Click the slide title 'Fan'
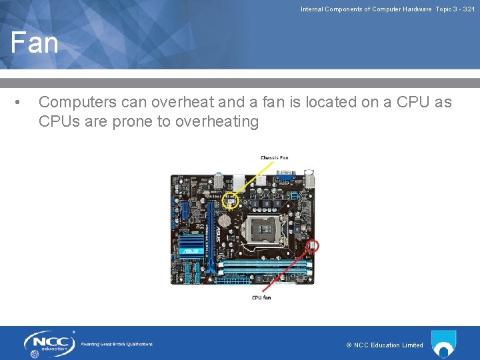tap(35, 43)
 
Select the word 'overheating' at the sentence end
tap(217, 121)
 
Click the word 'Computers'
tap(79, 102)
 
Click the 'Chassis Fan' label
tap(274, 158)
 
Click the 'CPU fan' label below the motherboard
tap(261, 297)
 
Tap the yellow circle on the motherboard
tap(231, 199)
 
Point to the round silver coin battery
tap(225, 218)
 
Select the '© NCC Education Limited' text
tap(385, 345)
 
